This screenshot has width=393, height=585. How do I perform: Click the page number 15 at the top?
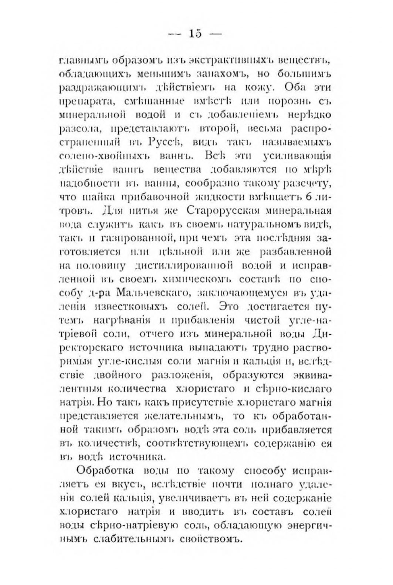195,34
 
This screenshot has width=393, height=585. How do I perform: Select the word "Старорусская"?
222,211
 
